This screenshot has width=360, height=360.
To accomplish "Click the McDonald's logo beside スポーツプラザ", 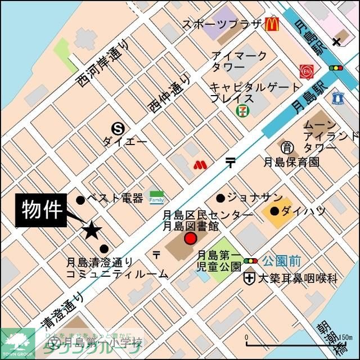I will click(272, 24).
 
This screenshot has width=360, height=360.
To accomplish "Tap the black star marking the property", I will click(92, 229).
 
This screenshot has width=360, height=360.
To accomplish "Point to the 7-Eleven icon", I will click(241, 110).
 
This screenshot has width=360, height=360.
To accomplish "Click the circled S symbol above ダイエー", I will click(118, 128).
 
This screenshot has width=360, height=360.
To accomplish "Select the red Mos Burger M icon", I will click(197, 165).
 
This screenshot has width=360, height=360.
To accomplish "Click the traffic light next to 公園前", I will click(251, 261).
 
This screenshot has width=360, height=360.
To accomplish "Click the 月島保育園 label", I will click(292, 162).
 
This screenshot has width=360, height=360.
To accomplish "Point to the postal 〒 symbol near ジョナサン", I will click(231, 163).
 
